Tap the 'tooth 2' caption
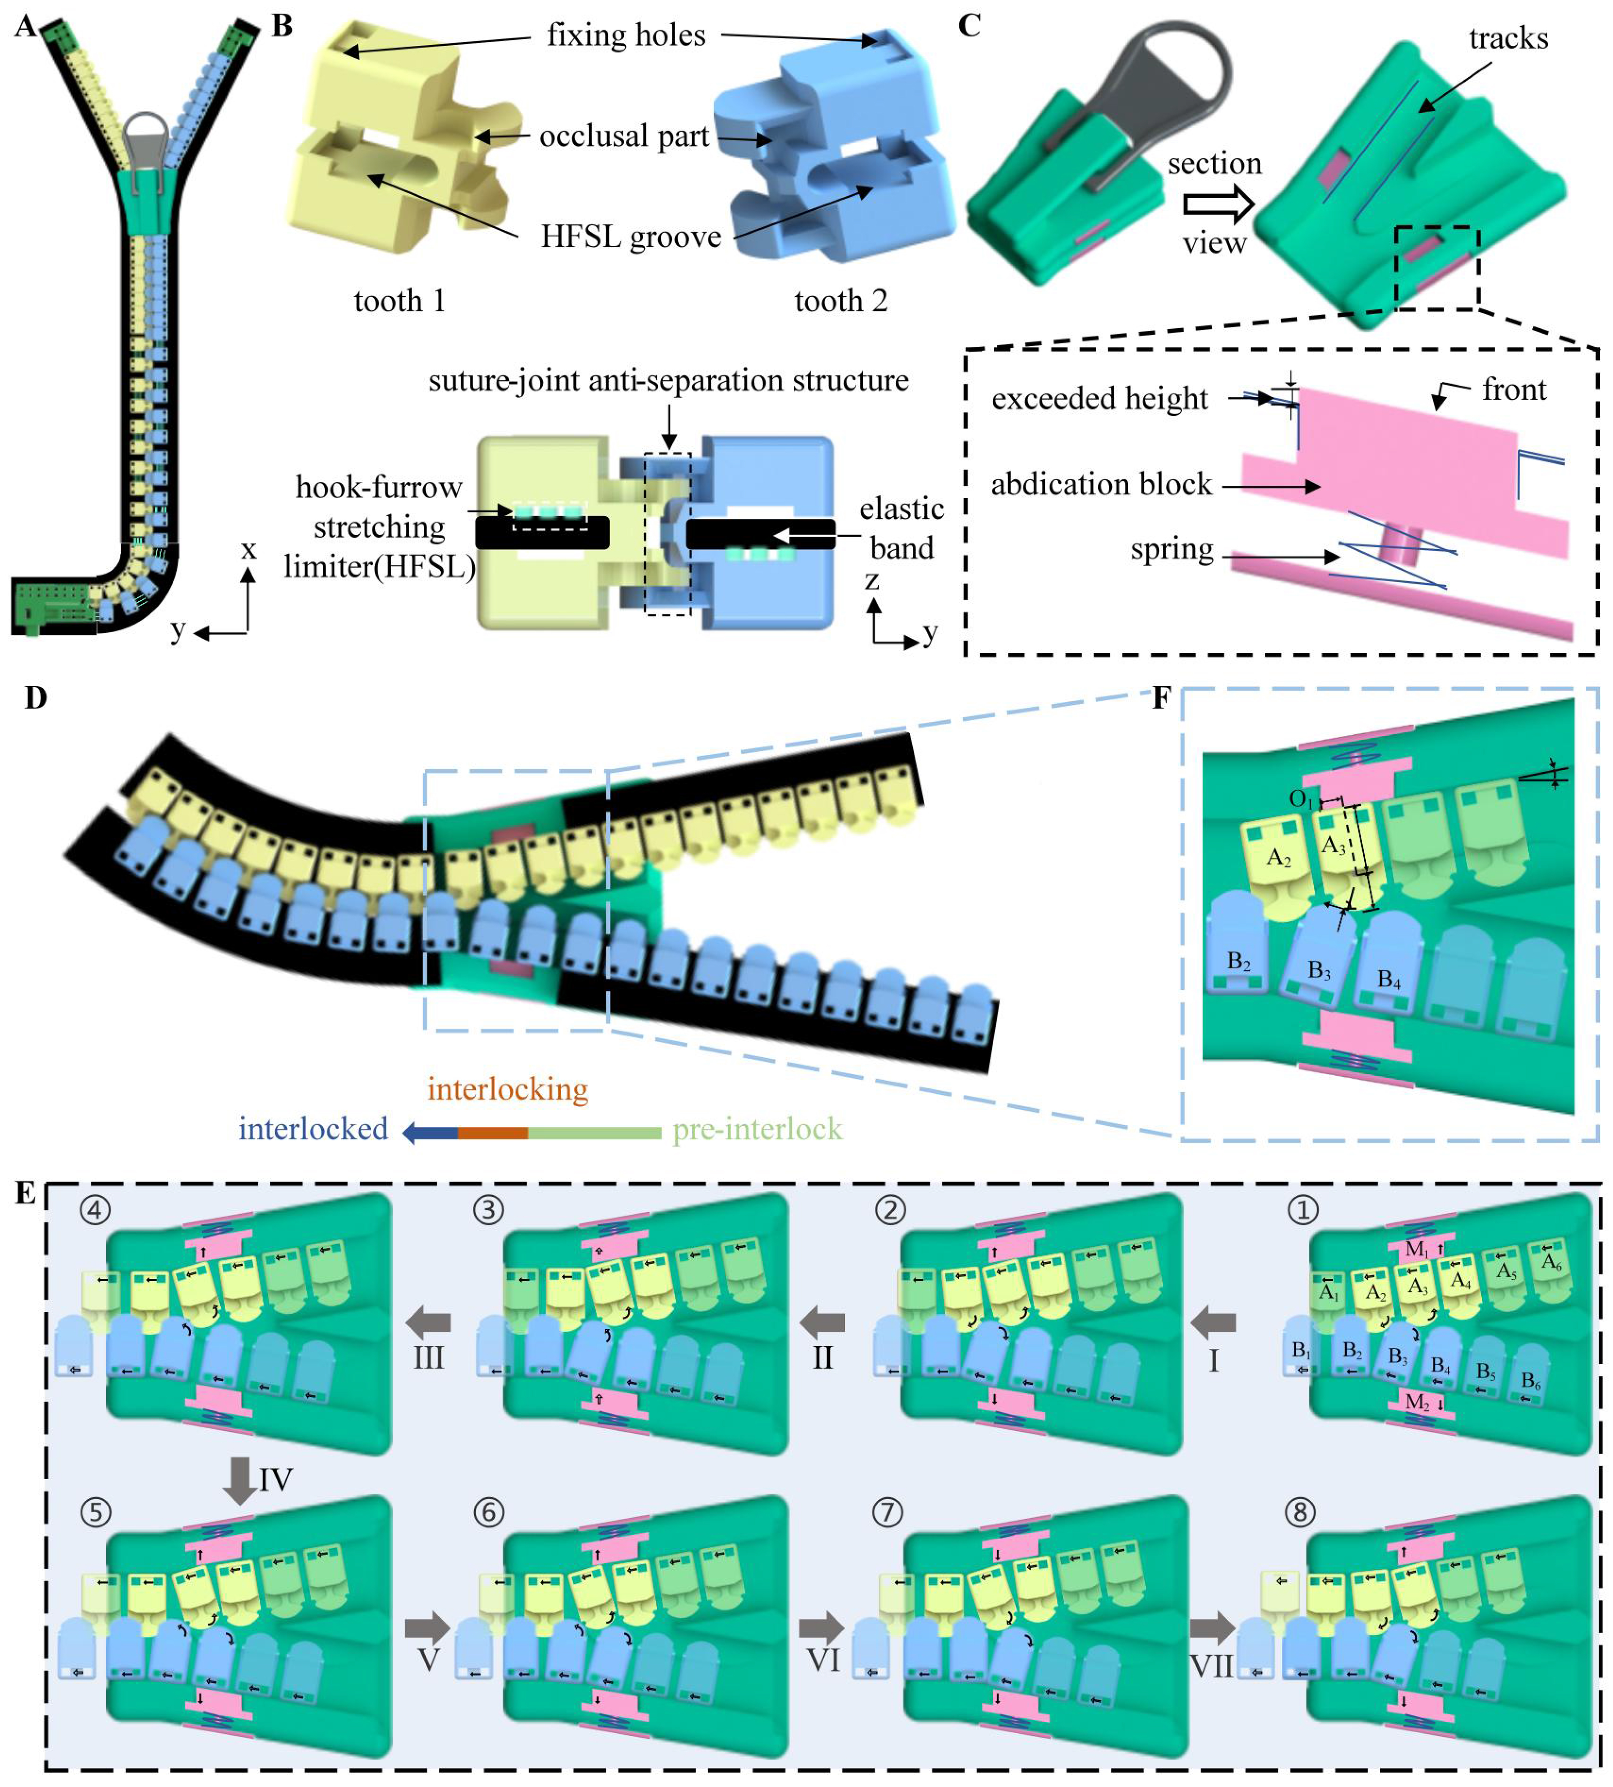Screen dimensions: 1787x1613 (840, 301)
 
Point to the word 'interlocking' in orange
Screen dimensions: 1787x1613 (508, 1089)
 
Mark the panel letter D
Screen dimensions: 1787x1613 (36, 698)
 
